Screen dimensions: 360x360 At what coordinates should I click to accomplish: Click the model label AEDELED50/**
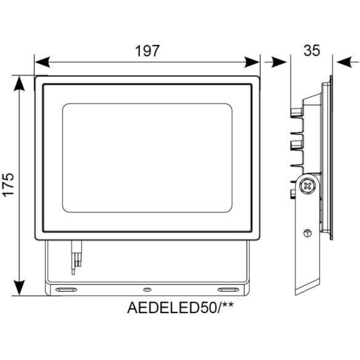180,308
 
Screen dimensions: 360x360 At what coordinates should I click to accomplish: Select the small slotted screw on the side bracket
307,234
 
